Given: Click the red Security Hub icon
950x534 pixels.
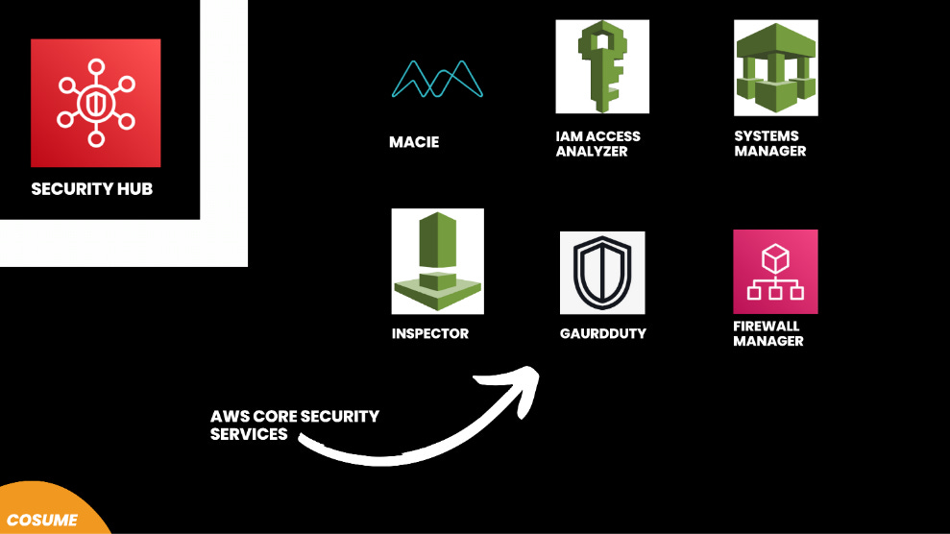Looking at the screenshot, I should tap(95, 103).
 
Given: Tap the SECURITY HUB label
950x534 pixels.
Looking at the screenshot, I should tap(92, 189).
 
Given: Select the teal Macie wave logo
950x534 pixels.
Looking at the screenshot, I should tap(436, 80).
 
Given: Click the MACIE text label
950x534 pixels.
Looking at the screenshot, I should tap(414, 142).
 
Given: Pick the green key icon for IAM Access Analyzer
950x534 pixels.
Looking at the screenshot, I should tap(602, 66).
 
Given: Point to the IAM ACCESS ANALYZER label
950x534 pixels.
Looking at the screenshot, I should tap(597, 144).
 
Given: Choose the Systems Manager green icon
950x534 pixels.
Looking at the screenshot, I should tap(775, 67).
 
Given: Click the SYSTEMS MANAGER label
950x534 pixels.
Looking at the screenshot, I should tap(769, 143).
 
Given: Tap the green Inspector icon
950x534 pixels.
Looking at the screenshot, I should tap(437, 260).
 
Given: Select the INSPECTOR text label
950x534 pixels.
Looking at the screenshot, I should tap(430, 334).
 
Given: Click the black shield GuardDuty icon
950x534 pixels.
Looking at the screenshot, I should tap(602, 273).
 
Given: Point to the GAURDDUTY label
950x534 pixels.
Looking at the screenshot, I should tap(603, 333).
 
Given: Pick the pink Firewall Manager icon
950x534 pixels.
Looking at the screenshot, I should tap(775, 271).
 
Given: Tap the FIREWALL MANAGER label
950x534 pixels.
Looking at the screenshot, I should tap(768, 333).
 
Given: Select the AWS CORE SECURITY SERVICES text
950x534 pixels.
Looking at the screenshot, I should tap(294, 425).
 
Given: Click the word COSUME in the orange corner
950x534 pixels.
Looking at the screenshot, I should tap(41, 520).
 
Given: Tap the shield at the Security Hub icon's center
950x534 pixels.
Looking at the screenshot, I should tap(95, 102).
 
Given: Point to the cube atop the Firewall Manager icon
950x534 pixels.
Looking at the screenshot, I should tap(775, 257).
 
